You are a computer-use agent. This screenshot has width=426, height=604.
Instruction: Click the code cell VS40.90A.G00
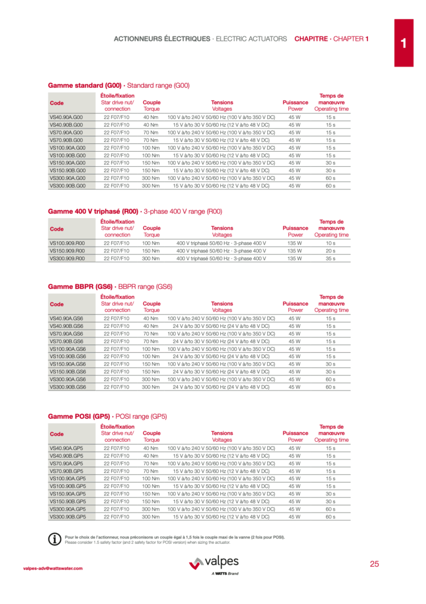coord(66,117)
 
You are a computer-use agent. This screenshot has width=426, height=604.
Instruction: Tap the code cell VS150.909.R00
coord(67,251)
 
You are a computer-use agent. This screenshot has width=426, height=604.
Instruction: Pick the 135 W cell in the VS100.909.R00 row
coord(295,243)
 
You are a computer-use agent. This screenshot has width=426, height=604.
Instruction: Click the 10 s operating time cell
coord(331,243)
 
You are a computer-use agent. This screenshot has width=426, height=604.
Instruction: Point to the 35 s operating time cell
coord(331,258)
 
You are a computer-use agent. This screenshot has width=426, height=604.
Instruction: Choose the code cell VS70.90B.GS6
coord(67,341)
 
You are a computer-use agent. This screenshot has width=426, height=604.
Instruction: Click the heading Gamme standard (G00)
coord(84,86)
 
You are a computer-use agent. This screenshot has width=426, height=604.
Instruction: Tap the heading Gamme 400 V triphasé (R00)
coord(93,211)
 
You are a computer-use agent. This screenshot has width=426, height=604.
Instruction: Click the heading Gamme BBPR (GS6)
coord(80,287)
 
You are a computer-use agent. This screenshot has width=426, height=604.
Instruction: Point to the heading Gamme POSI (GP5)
coord(79,416)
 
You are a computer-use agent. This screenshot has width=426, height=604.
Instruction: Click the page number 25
coord(374,564)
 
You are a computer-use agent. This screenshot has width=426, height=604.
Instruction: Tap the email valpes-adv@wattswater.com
coord(53,569)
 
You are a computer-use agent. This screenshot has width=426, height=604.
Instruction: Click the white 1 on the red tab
coord(404,43)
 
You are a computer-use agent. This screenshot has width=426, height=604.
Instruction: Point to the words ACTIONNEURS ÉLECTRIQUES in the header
coord(161,39)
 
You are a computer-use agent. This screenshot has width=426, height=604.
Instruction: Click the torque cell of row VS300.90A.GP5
coord(151,508)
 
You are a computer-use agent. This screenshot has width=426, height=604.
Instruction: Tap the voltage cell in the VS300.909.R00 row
coord(222,258)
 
